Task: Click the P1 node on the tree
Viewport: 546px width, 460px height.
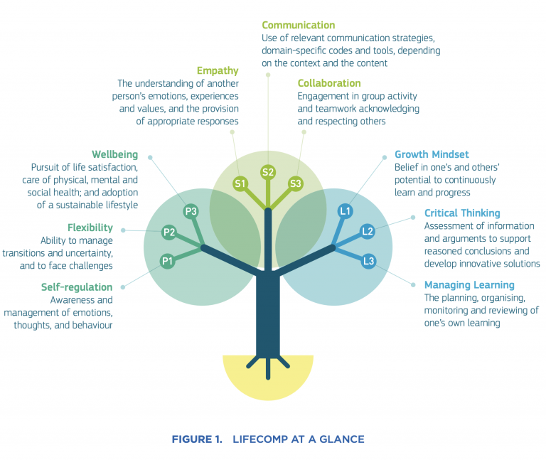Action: click(168, 261)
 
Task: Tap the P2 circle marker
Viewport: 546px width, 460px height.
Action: click(169, 232)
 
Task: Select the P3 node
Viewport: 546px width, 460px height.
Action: click(190, 211)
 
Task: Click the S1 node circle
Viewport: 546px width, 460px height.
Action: click(240, 184)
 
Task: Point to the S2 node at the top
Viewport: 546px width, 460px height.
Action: click(268, 171)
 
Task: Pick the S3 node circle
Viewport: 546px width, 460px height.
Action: click(296, 184)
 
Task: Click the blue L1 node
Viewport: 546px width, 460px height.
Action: click(346, 211)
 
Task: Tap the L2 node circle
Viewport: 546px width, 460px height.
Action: click(368, 230)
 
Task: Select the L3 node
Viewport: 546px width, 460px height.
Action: click(368, 261)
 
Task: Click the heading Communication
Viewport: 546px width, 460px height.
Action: click(299, 26)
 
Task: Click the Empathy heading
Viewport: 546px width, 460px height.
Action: click(218, 70)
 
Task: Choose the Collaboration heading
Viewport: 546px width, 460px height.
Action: click(329, 83)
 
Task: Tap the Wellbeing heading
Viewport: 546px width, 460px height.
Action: click(115, 154)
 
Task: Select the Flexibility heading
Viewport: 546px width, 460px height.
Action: click(90, 228)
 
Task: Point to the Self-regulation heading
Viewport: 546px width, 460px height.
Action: click(77, 287)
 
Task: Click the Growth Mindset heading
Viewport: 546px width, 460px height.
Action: click(432, 154)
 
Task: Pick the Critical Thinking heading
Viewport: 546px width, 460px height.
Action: click(462, 213)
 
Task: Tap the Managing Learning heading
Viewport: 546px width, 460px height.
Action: click(469, 285)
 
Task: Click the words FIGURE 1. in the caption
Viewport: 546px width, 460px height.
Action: click(197, 439)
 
